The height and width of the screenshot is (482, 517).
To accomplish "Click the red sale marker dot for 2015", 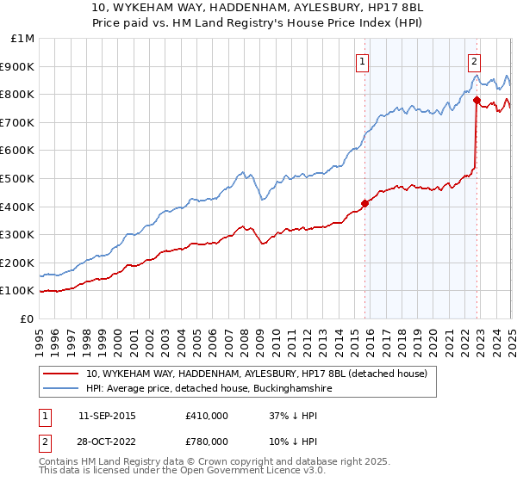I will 364,204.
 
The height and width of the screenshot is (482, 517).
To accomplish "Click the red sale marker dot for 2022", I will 477,100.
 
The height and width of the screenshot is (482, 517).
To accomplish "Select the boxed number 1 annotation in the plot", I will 363,60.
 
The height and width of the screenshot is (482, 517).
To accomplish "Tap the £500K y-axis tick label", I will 18,179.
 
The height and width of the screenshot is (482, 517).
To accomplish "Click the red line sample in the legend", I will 62,374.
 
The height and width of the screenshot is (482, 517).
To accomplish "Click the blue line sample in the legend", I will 62,389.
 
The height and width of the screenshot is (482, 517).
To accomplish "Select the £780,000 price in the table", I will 207,442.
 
